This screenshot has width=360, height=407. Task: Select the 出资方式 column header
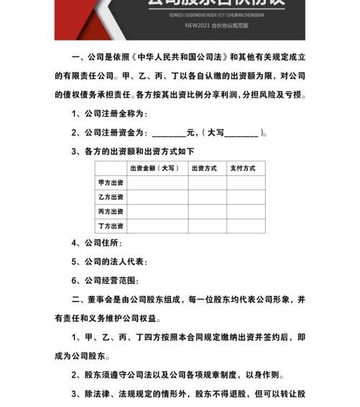tap(204, 168)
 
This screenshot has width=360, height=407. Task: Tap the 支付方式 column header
tap(243, 168)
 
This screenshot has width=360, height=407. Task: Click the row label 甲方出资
tap(111, 182)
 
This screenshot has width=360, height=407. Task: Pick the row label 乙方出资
tap(111, 197)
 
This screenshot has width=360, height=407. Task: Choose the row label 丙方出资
tap(111, 211)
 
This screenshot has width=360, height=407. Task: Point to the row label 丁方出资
tap(111, 225)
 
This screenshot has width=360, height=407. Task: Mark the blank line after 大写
tap(242, 133)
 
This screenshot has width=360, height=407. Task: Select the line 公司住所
tap(104, 243)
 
